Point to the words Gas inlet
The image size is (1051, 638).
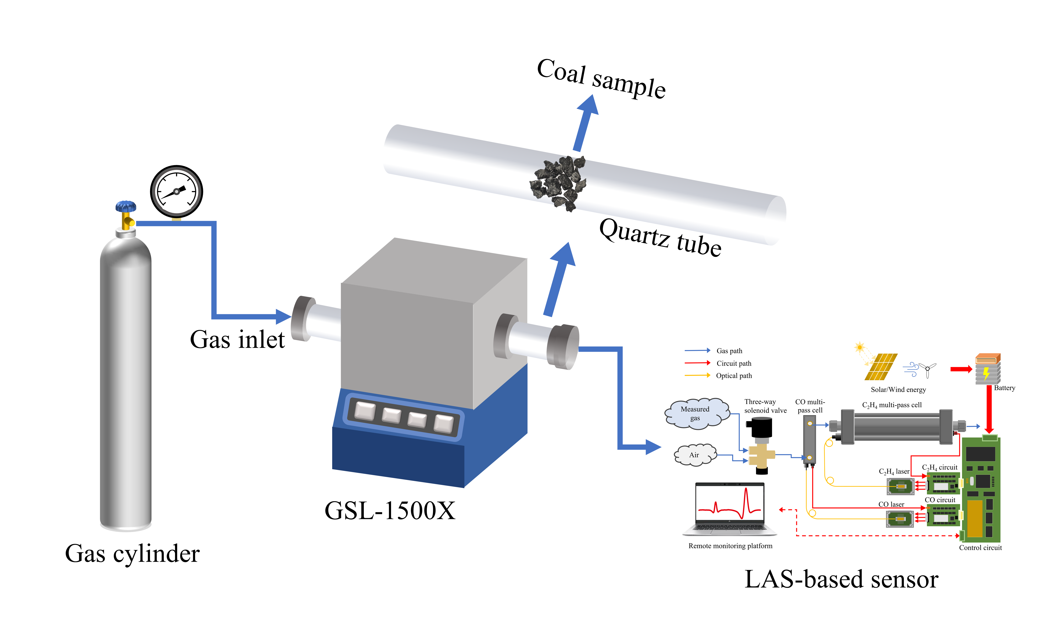pos(237,340)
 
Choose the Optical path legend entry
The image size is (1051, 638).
pos(734,376)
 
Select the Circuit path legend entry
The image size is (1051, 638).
pos(734,363)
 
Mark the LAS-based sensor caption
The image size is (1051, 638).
pos(841,580)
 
